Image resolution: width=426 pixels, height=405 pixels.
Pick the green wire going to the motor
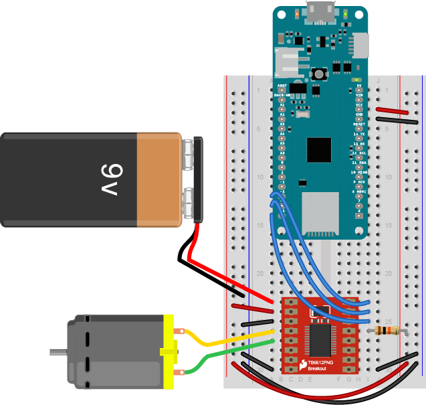tap(221, 357)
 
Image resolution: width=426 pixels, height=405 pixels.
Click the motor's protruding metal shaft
tap(58, 351)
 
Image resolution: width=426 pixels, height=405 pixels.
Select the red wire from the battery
tap(221, 274)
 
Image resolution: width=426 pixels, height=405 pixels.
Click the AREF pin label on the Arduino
tap(282, 86)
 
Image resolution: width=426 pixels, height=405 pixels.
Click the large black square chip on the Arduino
tap(319, 151)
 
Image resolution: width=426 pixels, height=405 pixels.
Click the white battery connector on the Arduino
tap(289, 64)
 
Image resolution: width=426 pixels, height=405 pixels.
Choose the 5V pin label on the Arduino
tap(359, 86)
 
